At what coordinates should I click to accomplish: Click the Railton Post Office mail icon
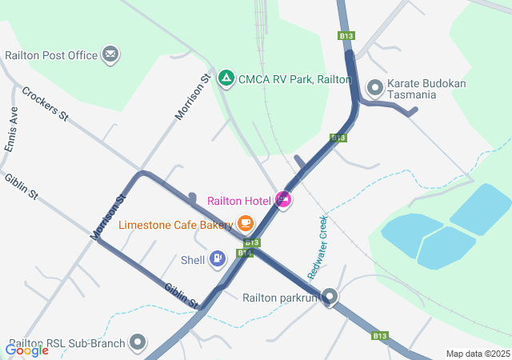point(111,55)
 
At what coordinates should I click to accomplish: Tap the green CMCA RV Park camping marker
point(226,78)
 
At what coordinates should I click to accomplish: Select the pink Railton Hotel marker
point(282,199)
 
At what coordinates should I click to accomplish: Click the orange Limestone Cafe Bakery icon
point(246,224)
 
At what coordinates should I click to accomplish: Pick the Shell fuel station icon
point(217,258)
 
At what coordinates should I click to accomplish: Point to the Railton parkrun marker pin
point(329,298)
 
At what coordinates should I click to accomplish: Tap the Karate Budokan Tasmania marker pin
point(374,86)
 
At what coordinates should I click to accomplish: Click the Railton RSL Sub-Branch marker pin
point(138,342)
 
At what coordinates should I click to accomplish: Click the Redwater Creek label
point(318,247)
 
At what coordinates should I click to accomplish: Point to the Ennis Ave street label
point(12,125)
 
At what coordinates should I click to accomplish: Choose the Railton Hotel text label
point(238,200)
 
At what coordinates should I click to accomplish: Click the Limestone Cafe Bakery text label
point(176,225)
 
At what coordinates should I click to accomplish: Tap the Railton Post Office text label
point(51,56)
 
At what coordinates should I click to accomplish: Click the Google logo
point(26,350)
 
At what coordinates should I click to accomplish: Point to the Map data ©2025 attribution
point(478,354)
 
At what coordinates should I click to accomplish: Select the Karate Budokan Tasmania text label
point(423,88)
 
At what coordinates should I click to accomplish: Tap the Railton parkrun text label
point(280,298)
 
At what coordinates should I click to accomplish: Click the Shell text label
point(193,259)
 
